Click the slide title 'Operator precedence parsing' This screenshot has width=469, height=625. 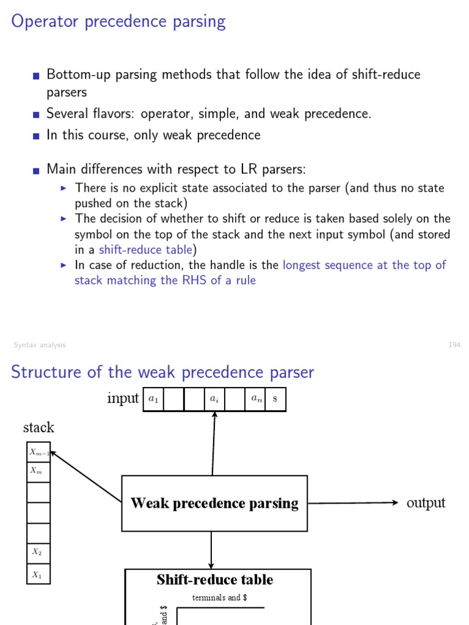pyautogui.click(x=118, y=22)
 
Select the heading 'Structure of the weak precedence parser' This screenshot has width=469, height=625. pyautogui.click(x=162, y=372)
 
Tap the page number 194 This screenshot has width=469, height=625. pyautogui.click(x=454, y=345)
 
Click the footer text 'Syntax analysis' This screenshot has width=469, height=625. pyautogui.click(x=40, y=345)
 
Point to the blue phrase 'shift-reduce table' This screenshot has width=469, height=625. pyautogui.click(x=146, y=250)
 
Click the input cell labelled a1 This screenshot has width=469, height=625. pyautogui.click(x=153, y=400)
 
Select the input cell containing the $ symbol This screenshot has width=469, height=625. pyautogui.click(x=275, y=400)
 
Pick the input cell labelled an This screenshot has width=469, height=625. pyautogui.click(x=255, y=400)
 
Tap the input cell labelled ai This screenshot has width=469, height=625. pyautogui.click(x=214, y=400)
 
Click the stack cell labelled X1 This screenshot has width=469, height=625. pyautogui.click(x=38, y=574)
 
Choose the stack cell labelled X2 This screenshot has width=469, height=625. pyautogui.click(x=38, y=553)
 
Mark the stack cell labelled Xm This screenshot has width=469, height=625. pyautogui.click(x=38, y=472)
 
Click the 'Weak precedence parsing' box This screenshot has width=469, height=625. pyautogui.click(x=214, y=504)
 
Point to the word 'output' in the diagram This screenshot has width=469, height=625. pyautogui.click(x=426, y=503)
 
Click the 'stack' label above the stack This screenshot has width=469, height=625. pyautogui.click(x=38, y=427)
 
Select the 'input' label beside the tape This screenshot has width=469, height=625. pyautogui.click(x=123, y=399)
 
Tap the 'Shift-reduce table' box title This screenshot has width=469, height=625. pyautogui.click(x=214, y=580)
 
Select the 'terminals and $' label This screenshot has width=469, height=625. pyautogui.click(x=219, y=598)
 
